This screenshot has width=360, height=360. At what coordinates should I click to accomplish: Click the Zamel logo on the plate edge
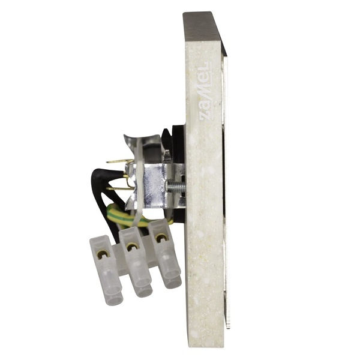pos(203,91)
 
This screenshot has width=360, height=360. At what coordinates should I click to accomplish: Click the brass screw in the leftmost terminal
pos(102,254)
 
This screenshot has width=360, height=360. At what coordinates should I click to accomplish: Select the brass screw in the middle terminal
pos(131,247)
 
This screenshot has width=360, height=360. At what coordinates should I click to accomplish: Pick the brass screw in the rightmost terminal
pos(161,238)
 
